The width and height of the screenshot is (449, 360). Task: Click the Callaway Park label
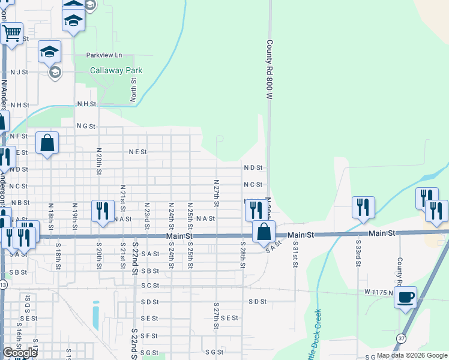pyautogui.click(x=116, y=70)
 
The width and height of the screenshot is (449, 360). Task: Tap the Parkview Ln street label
pyautogui.click(x=104, y=55)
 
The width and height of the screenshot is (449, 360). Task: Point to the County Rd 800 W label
pyautogui.click(x=270, y=70)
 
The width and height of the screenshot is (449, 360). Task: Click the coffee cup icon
pyautogui.click(x=406, y=296)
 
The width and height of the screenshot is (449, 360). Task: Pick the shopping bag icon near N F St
pyautogui.click(x=47, y=143)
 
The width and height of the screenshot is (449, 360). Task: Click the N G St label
pyautogui.click(x=86, y=126)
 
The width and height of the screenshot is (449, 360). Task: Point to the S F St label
pyautogui.click(x=149, y=336)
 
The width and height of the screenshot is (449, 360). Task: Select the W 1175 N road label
pyautogui.click(x=378, y=292)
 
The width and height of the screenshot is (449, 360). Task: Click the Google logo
pyautogui.click(x=19, y=353)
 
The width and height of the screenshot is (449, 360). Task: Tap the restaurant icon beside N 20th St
pyautogui.click(x=102, y=210)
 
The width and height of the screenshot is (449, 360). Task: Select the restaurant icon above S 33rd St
pyautogui.click(x=363, y=207)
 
